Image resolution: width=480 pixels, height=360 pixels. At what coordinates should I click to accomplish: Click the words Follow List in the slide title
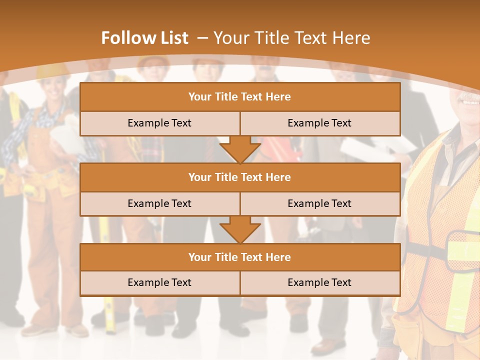click(x=144, y=38)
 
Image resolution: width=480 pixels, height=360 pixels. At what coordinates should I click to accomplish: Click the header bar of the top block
click(x=240, y=97)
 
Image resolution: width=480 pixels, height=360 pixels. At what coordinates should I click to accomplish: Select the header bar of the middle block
click(x=240, y=177)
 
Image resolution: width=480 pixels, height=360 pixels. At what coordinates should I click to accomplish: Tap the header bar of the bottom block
click(x=240, y=257)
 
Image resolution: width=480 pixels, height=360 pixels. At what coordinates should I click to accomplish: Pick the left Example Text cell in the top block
click(x=159, y=123)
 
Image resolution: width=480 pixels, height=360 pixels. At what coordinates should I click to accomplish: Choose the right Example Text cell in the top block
click(x=319, y=123)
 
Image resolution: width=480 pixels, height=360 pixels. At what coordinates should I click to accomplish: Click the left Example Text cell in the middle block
click(x=159, y=203)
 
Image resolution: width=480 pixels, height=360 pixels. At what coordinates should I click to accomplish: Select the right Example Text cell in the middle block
click(x=319, y=203)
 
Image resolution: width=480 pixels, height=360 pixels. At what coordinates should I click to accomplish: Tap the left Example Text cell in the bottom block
click(x=159, y=282)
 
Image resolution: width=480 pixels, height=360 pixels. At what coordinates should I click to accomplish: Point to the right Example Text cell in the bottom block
click(x=319, y=282)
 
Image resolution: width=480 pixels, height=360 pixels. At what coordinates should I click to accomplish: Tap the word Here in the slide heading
click(x=353, y=38)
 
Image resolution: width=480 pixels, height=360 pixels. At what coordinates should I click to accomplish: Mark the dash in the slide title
click(x=202, y=38)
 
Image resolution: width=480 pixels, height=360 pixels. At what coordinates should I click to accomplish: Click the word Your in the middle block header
click(x=199, y=177)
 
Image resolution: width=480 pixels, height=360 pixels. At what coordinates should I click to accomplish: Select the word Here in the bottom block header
click(x=278, y=257)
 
